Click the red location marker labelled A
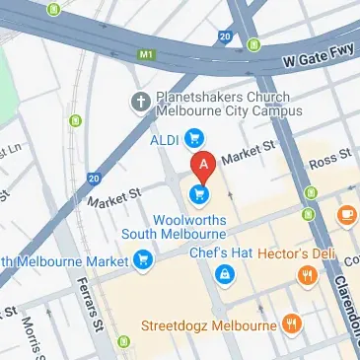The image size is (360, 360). (x=202, y=165)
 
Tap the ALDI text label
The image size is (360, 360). (x=164, y=139)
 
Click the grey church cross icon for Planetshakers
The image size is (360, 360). (x=141, y=100)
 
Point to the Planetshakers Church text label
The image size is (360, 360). (x=218, y=100)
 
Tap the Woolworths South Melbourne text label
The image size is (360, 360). (x=174, y=226)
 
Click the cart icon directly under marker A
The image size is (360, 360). (x=201, y=193)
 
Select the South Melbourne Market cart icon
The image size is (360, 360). (x=144, y=261)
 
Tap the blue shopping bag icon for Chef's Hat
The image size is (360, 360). (x=226, y=273)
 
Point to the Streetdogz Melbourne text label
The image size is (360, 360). (x=209, y=324)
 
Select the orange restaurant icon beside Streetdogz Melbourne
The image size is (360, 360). (x=292, y=323)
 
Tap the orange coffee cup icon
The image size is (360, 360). (x=346, y=213)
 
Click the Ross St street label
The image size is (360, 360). (x=331, y=159)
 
